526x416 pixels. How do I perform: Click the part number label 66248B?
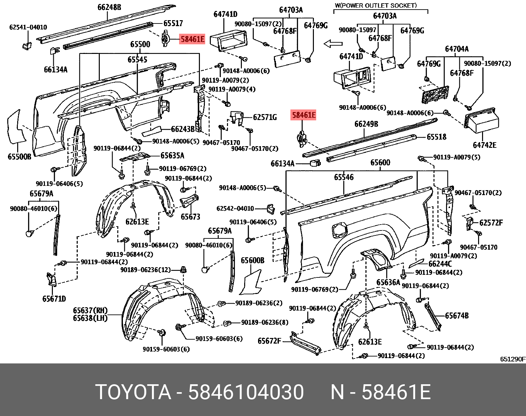coord(109,7)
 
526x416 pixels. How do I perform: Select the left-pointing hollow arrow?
coord(333,44)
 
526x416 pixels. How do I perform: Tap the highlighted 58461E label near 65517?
coord(192,39)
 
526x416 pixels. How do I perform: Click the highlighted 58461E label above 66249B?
coord(303,115)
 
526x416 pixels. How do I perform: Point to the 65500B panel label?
coord(19,156)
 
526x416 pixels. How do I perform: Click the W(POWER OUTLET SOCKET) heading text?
coord(376,5)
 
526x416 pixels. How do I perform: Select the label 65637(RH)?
coord(90,310)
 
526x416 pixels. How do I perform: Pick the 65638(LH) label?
coord(90,318)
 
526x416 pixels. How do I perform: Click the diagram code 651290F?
coord(512,359)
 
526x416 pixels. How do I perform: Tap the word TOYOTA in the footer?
coord(133,392)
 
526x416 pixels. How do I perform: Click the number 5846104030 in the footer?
coord(246,392)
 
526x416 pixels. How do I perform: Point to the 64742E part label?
coord(484,145)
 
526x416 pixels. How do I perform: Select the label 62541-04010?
coord(28,27)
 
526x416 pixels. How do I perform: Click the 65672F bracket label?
coord(269,341)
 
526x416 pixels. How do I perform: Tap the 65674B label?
coord(457,315)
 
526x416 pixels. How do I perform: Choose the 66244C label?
coord(440,264)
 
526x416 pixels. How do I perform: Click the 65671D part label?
coord(54,299)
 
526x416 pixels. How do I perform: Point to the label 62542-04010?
coord(235,208)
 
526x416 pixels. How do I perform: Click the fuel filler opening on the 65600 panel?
coord(339,229)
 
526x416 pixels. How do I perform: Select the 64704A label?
coord(457,49)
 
